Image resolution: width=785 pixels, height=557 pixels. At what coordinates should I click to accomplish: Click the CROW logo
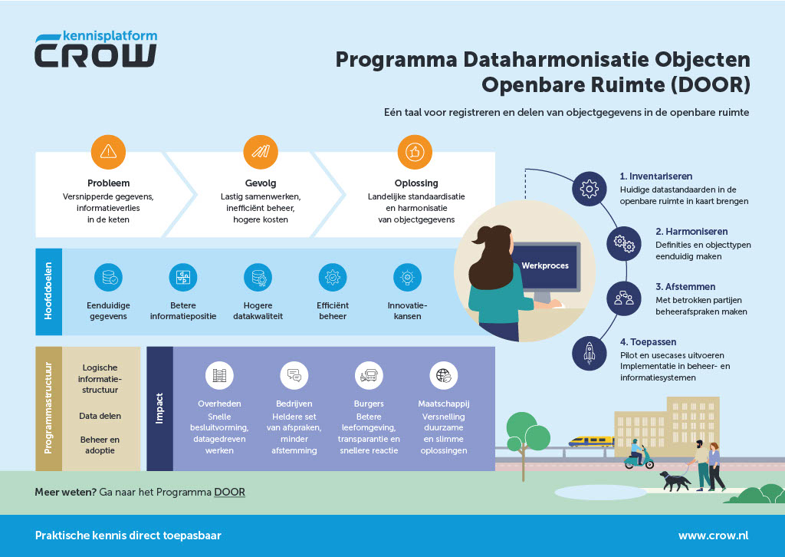(96, 50)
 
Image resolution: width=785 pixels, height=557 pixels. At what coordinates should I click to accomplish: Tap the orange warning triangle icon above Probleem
(108, 151)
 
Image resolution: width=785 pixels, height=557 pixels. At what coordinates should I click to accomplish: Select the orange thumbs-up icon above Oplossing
(415, 151)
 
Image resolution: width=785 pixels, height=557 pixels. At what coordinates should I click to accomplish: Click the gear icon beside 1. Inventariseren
(589, 188)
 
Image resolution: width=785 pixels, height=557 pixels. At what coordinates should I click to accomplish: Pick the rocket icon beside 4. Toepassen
(589, 353)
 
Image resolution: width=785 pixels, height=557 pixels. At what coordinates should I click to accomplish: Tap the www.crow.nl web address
(713, 536)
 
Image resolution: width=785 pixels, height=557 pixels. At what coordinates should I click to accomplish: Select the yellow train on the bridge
(590, 441)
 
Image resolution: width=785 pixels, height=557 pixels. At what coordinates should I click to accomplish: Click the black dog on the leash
(675, 480)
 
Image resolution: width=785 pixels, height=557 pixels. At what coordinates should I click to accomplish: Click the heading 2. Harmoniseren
(691, 231)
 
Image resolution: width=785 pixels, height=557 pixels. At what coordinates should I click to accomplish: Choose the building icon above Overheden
(220, 375)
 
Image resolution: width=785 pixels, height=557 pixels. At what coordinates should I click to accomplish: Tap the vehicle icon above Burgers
(369, 375)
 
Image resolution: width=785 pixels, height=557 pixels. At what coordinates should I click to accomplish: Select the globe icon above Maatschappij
(444, 375)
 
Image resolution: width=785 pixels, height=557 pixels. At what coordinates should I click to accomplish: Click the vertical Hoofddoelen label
(48, 292)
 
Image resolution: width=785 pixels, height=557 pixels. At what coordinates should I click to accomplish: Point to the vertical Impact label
(159, 408)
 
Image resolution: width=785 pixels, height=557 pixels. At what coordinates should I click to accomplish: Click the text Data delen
(100, 416)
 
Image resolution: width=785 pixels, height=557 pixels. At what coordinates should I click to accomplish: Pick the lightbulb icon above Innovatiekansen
(407, 277)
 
